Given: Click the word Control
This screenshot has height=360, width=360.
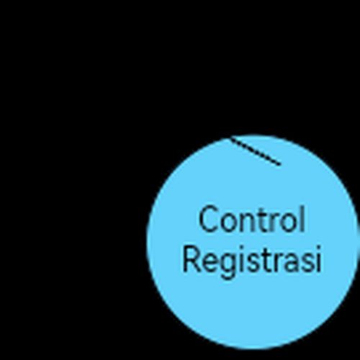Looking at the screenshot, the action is [x=252, y=219].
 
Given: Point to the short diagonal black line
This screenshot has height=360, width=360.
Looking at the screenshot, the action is [x=256, y=150].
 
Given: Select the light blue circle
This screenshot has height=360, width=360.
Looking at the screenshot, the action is [x=253, y=241].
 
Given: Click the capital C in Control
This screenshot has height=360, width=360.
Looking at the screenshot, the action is [x=208, y=219].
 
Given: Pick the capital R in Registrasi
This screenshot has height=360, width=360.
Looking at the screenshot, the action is [x=192, y=259].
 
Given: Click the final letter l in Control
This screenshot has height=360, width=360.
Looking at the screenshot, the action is [x=302, y=218].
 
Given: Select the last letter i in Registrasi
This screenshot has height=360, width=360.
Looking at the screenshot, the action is [x=319, y=259].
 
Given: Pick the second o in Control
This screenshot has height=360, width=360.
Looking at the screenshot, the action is [x=289, y=222].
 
